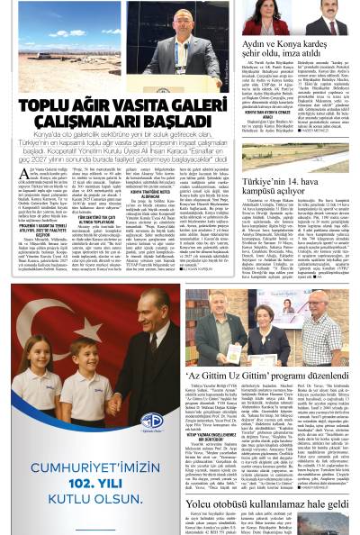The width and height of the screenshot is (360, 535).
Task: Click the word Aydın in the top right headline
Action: coord(258,43)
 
